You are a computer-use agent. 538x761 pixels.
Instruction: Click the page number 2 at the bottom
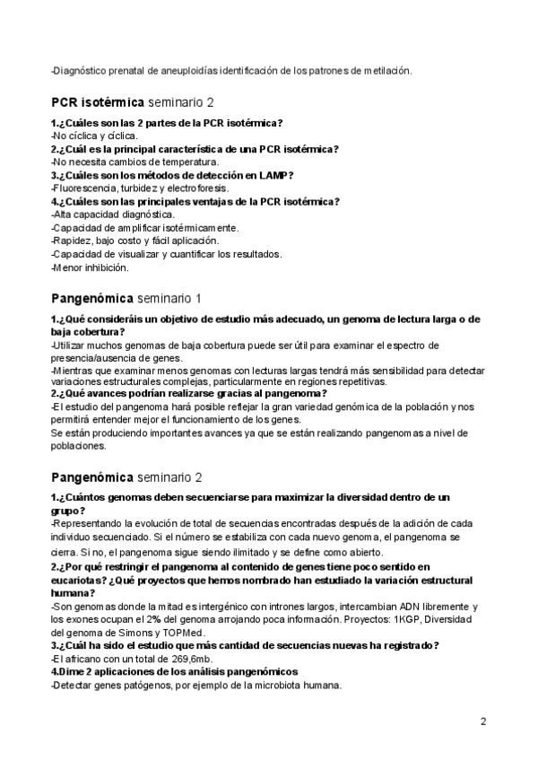(x=483, y=722)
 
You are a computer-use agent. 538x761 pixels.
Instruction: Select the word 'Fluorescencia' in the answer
(x=85, y=188)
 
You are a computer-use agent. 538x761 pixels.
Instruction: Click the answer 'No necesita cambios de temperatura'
(x=129, y=162)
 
